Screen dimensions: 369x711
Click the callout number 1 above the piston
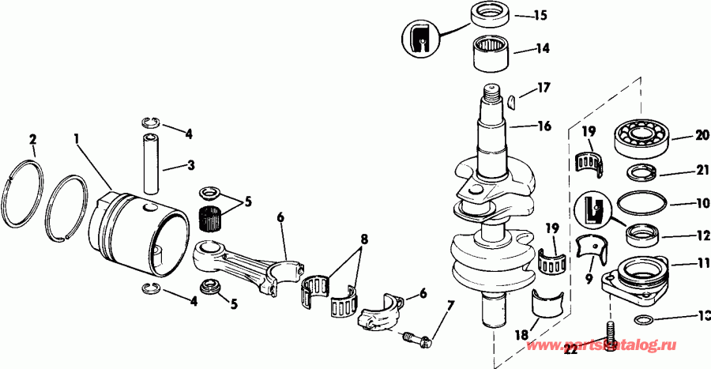point(77,138)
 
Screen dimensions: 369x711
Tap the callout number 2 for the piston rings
point(33,140)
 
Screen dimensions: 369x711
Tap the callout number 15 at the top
point(540,14)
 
